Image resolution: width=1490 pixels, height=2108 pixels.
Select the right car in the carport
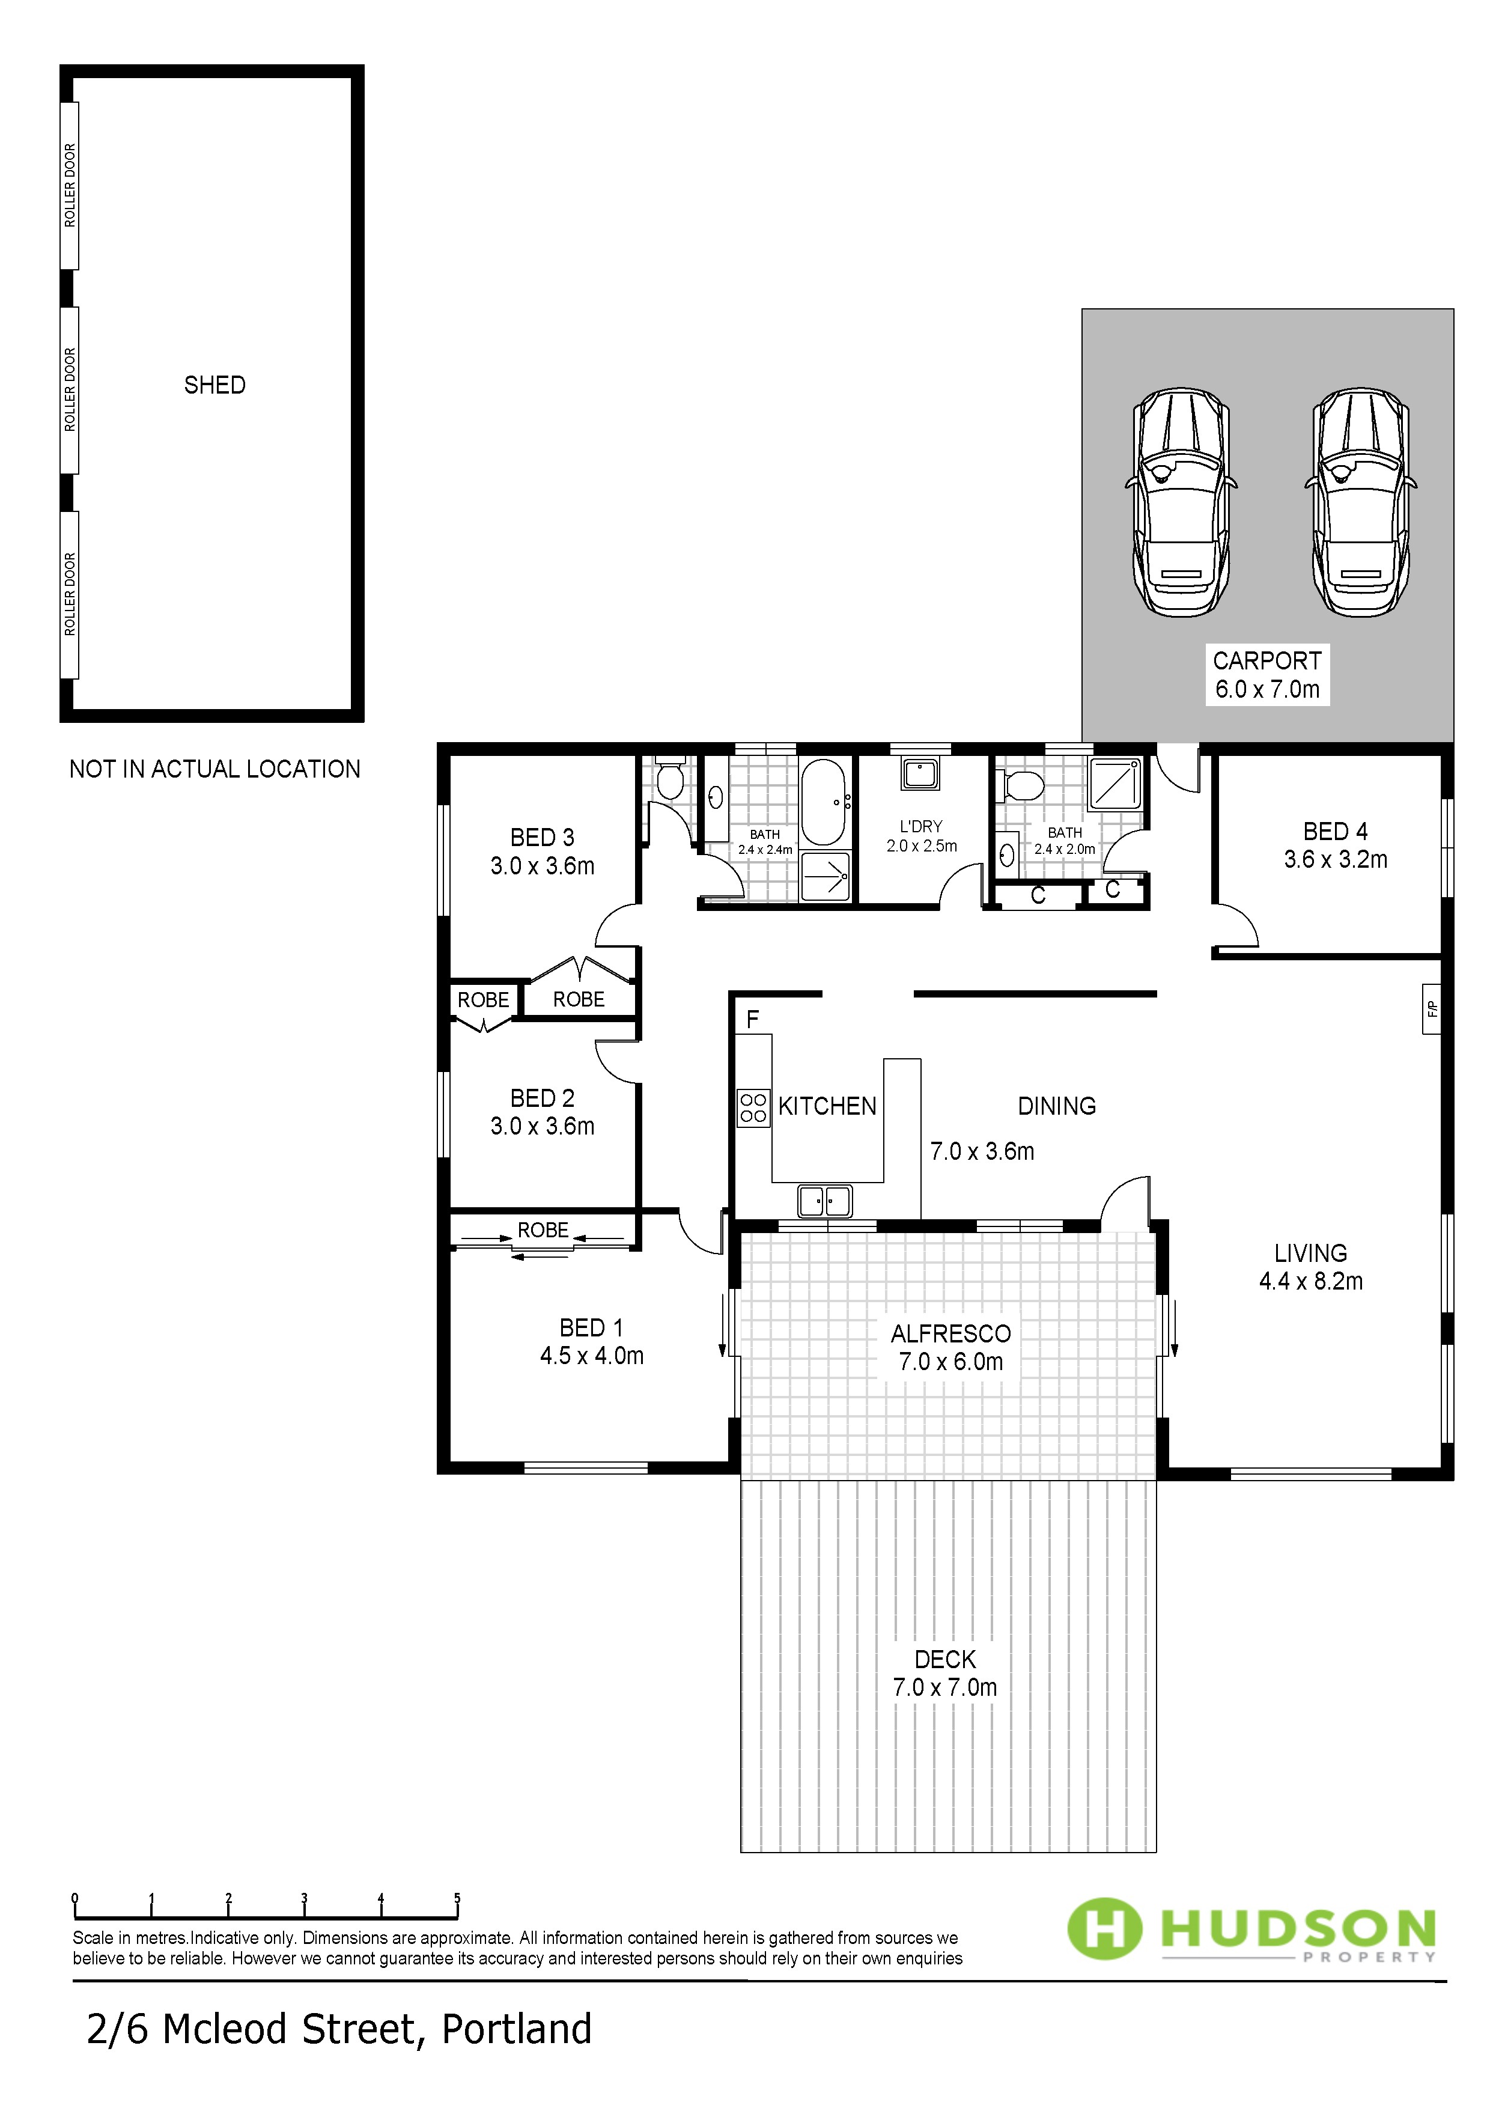pyautogui.click(x=1361, y=501)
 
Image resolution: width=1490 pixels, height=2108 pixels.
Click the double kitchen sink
pyautogui.click(x=824, y=1201)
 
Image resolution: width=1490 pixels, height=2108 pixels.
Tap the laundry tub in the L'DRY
pyautogui.click(x=919, y=774)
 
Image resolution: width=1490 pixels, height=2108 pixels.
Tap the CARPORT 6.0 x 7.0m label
pyautogui.click(x=1267, y=675)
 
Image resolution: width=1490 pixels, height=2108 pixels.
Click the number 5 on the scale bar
pyautogui.click(x=457, y=1899)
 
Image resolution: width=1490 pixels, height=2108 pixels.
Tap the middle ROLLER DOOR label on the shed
pyautogui.click(x=70, y=390)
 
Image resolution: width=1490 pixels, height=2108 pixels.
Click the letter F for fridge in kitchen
pyautogui.click(x=753, y=1019)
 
